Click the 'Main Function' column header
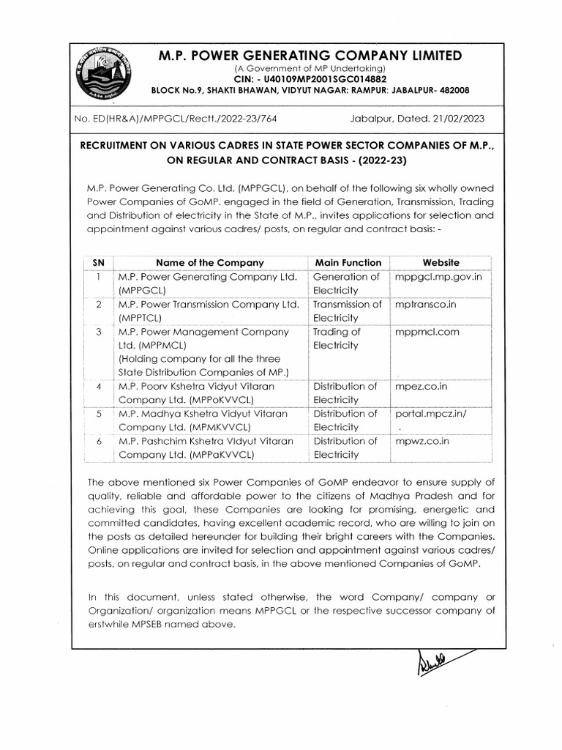coord(348,262)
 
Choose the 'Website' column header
coord(441,262)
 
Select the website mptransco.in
coord(425,304)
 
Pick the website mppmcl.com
coord(427,331)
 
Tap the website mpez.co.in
coord(421,386)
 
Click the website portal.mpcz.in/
coord(430,413)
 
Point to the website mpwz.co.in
coord(422,441)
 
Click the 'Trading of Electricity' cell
coord(337,338)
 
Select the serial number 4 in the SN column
coord(98,386)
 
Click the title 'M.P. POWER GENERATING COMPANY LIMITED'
coord(310,56)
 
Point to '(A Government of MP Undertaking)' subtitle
coord(310,68)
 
